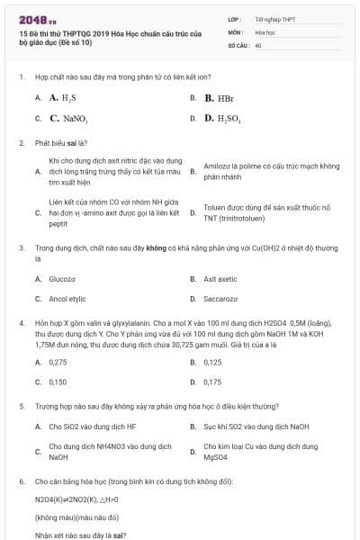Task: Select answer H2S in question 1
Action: [63, 97]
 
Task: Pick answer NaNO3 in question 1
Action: [68, 118]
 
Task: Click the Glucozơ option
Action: [63, 279]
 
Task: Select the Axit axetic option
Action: [220, 279]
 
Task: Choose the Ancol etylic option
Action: [67, 298]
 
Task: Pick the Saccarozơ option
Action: [220, 298]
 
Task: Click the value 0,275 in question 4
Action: [58, 362]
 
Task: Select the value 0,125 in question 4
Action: [212, 362]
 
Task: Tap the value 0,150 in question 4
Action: [58, 382]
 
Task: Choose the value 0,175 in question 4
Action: [212, 382]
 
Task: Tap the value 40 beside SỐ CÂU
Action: [258, 44]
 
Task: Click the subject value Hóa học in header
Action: [265, 31]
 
